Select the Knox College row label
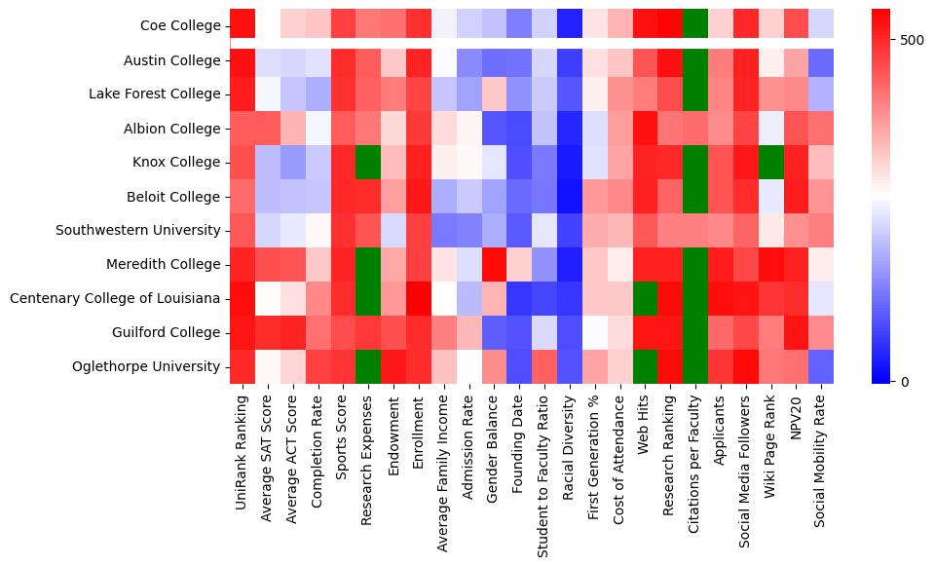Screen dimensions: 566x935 178,163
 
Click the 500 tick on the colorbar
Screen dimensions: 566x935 912,40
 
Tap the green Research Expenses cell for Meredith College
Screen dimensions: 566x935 369,264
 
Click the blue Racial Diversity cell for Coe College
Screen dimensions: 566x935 569,26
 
